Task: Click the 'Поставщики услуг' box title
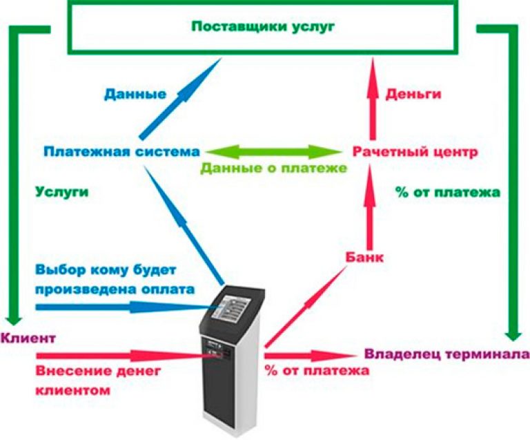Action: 262,27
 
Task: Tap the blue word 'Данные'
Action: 135,95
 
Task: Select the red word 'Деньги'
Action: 413,95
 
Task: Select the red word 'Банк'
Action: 364,257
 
